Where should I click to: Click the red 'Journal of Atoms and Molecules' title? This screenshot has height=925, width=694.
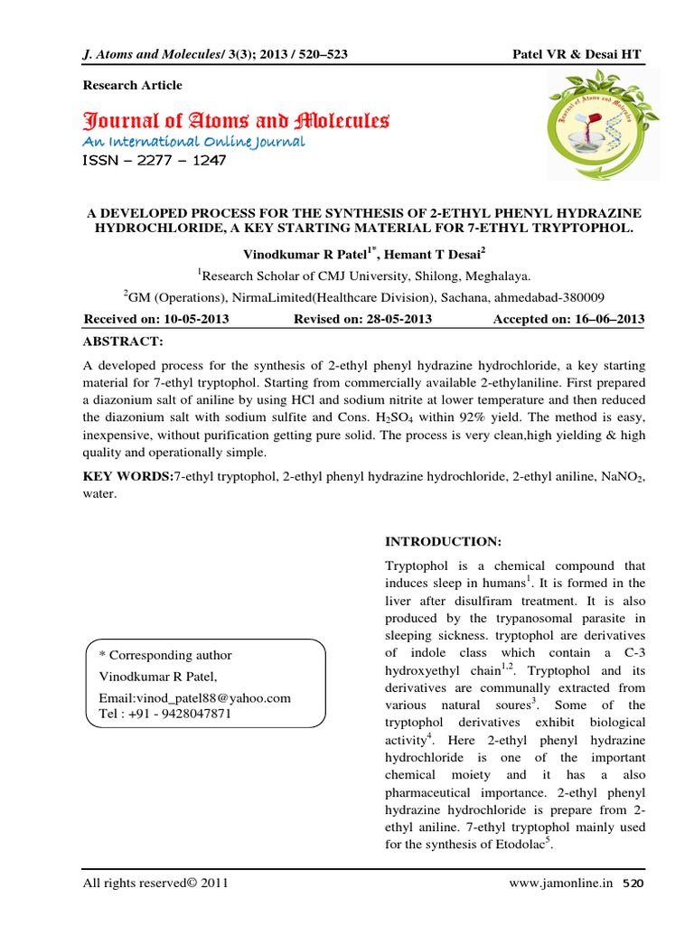[x=236, y=120]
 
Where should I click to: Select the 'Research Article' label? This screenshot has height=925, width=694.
[x=133, y=85]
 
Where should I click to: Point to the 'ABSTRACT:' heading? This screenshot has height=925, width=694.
[x=123, y=341]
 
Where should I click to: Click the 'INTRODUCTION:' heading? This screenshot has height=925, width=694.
[x=443, y=541]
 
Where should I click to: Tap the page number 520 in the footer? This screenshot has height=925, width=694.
[x=634, y=883]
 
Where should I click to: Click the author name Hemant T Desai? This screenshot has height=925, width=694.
[x=445, y=257]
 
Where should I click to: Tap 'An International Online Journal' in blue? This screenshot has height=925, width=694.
[x=194, y=142]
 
